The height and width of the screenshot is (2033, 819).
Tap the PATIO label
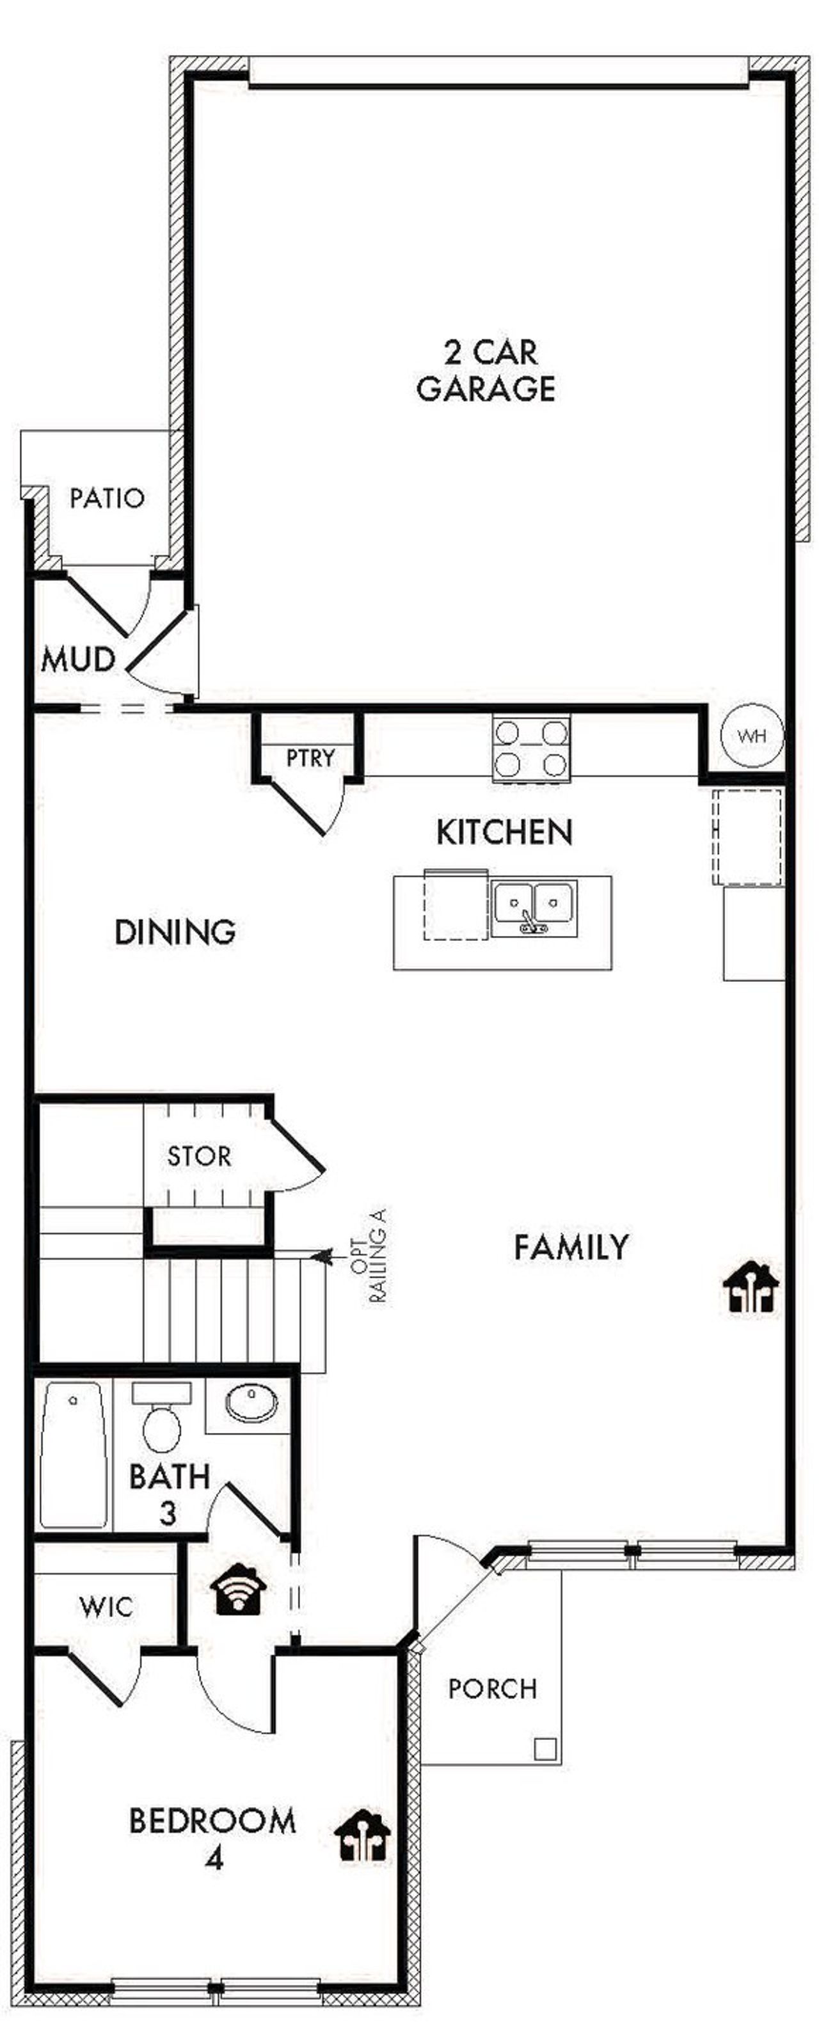(107, 498)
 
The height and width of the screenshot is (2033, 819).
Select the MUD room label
(77, 660)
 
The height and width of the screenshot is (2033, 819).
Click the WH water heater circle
(751, 736)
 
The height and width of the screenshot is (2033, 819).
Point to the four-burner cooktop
(531, 749)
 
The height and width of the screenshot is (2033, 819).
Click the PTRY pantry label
(310, 759)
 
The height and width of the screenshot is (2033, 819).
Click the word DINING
(175, 932)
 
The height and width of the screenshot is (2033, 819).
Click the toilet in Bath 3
(162, 1428)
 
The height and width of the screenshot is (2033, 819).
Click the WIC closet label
(106, 1607)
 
